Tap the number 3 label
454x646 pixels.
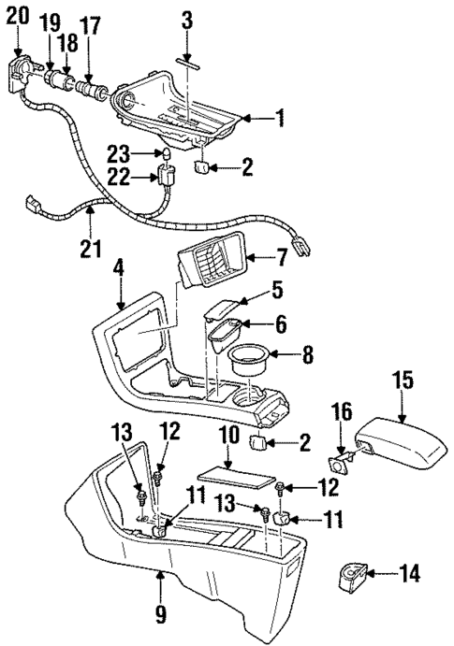tap(187, 18)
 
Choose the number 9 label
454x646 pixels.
tap(160, 614)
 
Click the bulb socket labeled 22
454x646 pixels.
tap(168, 176)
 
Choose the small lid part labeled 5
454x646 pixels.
tap(221, 309)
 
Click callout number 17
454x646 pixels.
tap(91, 22)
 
